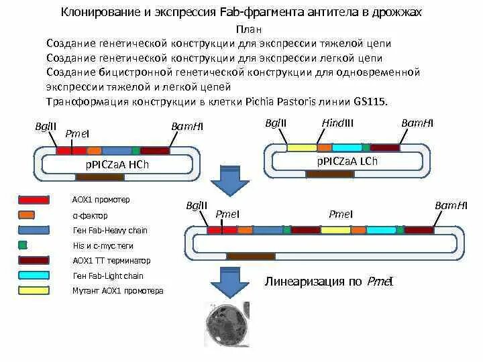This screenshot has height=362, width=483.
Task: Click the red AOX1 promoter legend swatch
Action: point(34,200)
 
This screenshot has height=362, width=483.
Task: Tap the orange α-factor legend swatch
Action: point(26,215)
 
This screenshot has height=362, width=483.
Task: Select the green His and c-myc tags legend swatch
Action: point(23,245)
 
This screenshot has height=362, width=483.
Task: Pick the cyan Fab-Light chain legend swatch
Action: point(34,276)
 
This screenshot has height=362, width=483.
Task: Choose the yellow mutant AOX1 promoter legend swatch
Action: point(34,291)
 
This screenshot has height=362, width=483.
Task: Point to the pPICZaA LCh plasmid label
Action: point(347,161)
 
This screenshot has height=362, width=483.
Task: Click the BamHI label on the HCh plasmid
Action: point(187,127)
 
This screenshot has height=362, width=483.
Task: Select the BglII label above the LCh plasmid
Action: point(276,123)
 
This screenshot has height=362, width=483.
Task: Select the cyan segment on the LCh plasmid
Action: point(347,147)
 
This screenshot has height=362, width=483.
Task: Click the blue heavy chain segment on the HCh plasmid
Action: point(117,151)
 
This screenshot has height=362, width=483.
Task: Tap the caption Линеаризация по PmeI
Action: point(329,281)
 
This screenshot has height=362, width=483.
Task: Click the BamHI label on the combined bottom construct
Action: point(451,205)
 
